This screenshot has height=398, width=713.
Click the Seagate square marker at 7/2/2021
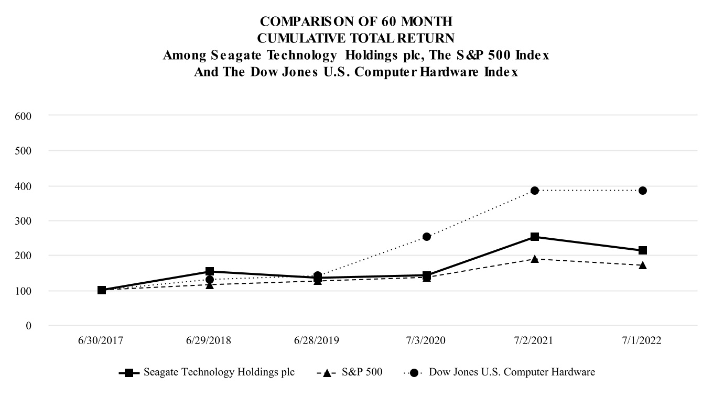tap(534, 237)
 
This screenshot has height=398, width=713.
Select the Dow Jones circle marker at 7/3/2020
tap(426, 237)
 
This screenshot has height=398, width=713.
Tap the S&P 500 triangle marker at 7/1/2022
tap(642, 265)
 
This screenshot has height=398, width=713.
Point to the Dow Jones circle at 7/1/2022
tap(642, 191)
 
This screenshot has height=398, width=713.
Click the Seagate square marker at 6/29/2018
tap(210, 271)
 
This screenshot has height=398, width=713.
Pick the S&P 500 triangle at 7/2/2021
tap(534, 259)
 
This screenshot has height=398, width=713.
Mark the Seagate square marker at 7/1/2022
tap(642, 250)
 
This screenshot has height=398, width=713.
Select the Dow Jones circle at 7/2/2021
tap(534, 191)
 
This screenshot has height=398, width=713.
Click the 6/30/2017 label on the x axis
tap(102, 340)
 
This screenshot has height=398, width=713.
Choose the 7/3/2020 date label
tap(426, 340)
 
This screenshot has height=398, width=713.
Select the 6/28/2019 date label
tap(318, 340)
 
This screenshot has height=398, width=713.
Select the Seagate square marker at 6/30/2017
tap(102, 290)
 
